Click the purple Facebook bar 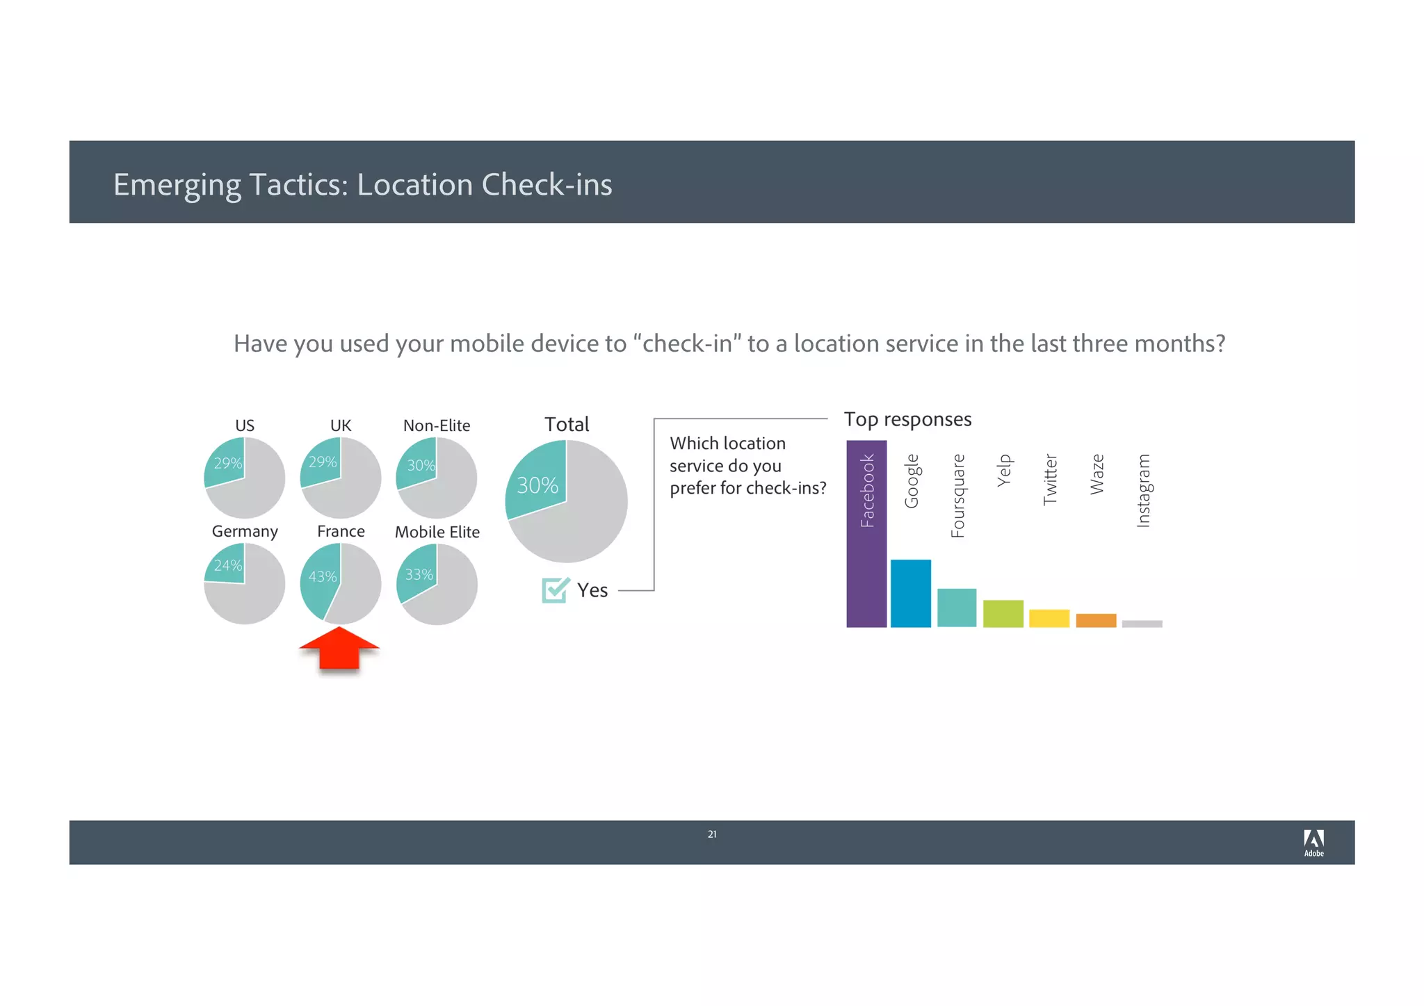coord(866,534)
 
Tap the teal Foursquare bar coord(957,608)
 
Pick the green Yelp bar coord(1003,613)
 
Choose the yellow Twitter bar coord(1049,618)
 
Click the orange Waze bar coord(1096,620)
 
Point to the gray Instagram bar coord(1142,624)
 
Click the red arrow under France coord(339,649)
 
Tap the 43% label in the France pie coord(323,576)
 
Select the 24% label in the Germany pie coord(228,565)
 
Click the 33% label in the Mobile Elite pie coord(419,574)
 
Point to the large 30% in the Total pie coord(537,485)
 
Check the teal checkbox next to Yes coord(555,590)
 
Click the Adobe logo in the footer coord(1313,843)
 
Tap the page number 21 coord(712,834)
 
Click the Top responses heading coord(907,419)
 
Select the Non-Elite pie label coord(437,425)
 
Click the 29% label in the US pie coord(228,463)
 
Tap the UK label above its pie coord(341,425)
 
